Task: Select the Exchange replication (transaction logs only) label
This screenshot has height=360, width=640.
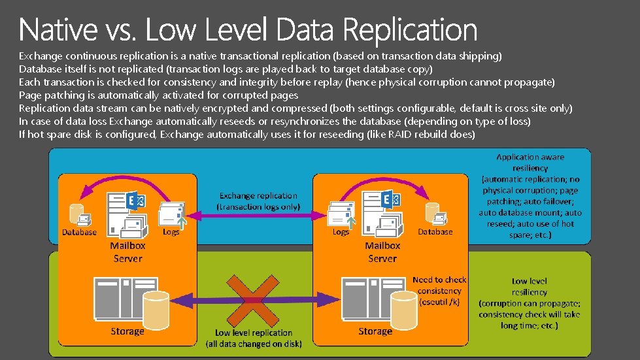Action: click(258, 201)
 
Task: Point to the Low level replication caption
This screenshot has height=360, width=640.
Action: click(254, 338)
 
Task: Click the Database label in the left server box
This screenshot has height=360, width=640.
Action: click(79, 232)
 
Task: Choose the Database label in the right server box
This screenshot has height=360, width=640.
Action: click(435, 231)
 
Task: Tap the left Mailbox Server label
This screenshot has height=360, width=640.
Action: click(127, 252)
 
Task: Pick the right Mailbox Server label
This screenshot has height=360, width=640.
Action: click(382, 252)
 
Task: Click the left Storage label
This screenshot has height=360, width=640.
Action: click(127, 331)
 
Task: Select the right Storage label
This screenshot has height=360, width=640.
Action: click(375, 331)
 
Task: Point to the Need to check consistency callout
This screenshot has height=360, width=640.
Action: click(439, 291)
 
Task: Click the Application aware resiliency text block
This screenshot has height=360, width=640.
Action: click(530, 195)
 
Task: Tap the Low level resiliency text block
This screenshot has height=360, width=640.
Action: click(529, 303)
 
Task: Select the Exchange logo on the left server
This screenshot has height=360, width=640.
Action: click(137, 200)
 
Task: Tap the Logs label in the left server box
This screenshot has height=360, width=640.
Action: click(171, 232)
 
